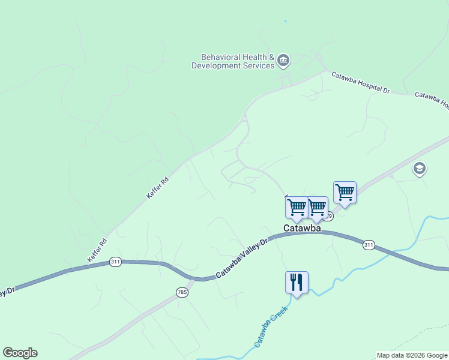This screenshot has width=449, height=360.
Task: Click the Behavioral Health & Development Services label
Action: coord(232,61)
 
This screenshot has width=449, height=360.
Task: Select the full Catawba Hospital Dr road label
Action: coord(361,82)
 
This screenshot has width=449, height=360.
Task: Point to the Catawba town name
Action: coord(302,229)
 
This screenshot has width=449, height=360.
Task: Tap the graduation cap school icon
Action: coord(420,169)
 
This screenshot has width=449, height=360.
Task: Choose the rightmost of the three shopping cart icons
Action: coord(345,193)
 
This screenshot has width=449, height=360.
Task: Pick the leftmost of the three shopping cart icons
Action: coord(297,208)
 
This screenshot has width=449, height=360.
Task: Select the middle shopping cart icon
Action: coord(317,208)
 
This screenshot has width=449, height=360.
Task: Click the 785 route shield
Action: coord(182,292)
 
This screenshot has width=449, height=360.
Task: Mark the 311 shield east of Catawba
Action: coord(369,244)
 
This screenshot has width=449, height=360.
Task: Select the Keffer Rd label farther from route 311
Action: coord(157,188)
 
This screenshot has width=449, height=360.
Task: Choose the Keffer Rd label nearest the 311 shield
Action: coord(97,251)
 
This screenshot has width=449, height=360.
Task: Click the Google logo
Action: coord(20,353)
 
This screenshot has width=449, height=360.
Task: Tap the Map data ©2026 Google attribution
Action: coord(412,355)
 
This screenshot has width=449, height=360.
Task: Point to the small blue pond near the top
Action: coord(285,22)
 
